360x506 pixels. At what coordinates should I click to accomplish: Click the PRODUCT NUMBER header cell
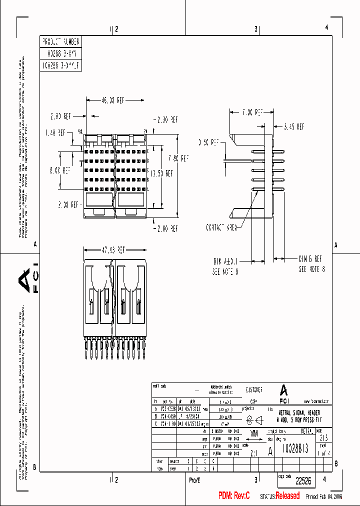point(60,41)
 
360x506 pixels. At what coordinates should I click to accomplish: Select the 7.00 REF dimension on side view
point(251,112)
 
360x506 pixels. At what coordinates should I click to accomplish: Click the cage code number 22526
point(303,481)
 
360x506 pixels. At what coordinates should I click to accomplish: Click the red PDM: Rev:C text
point(233,495)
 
